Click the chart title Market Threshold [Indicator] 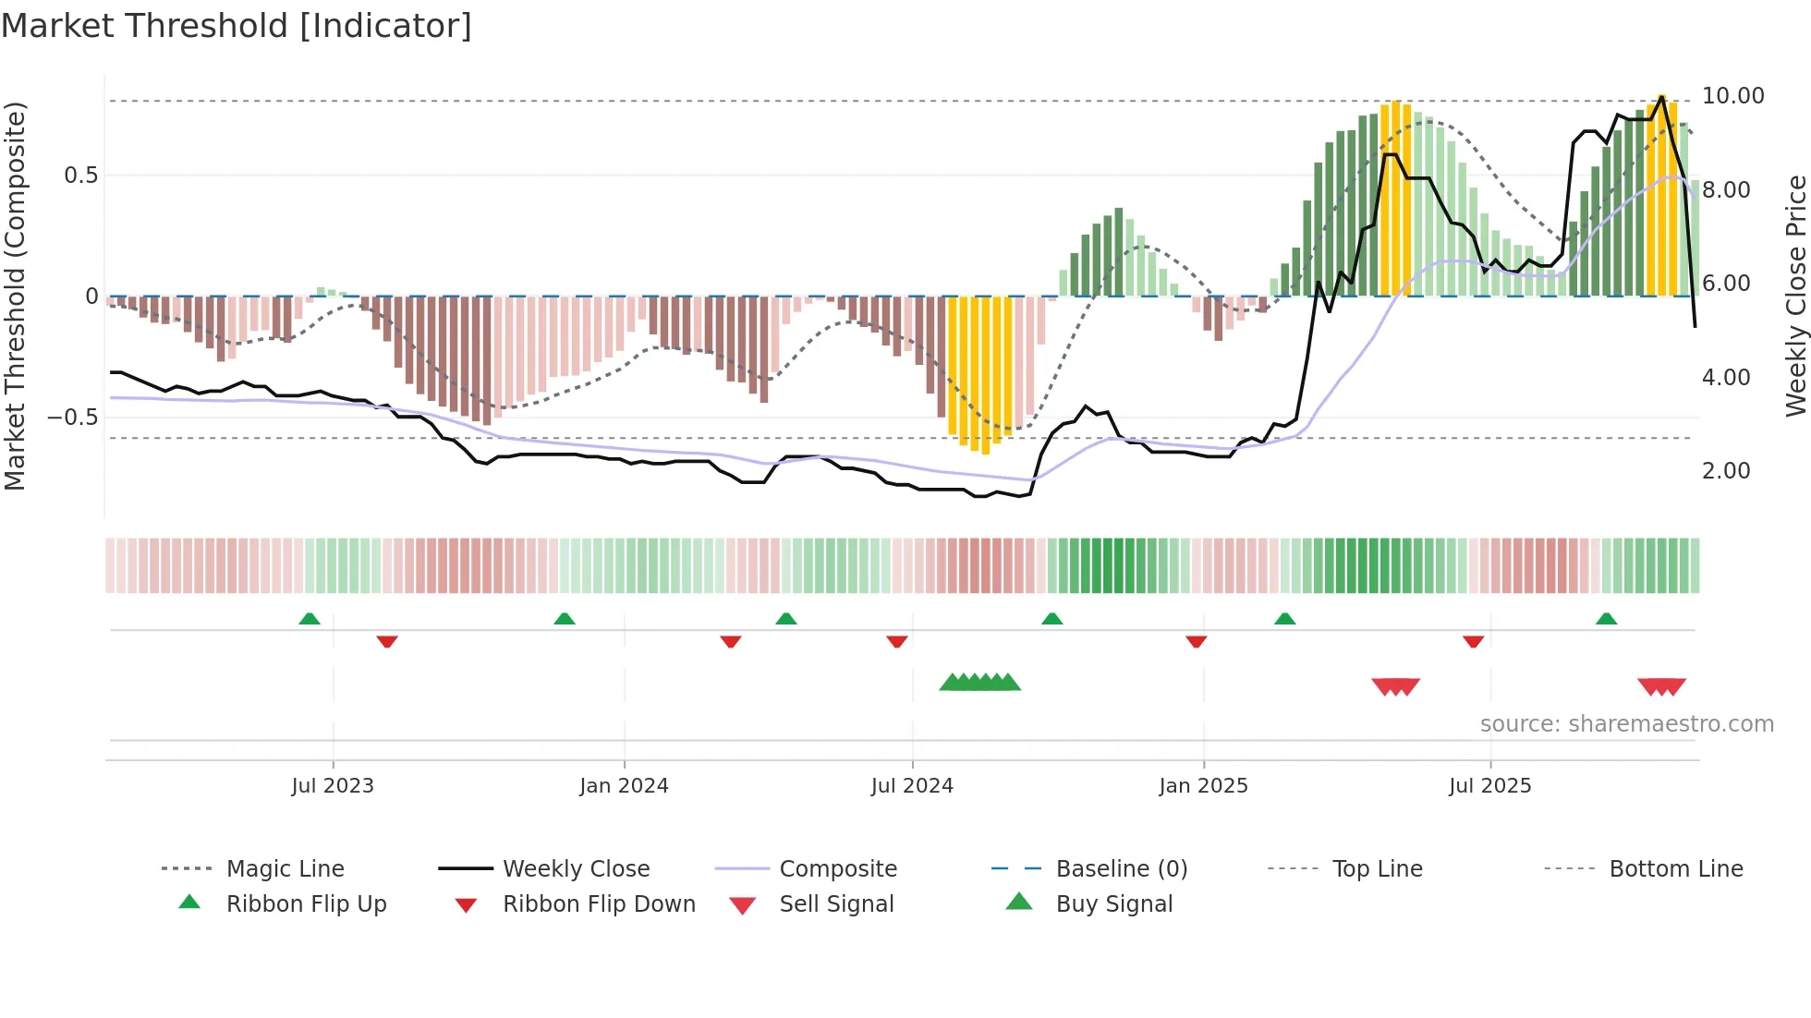click(x=237, y=26)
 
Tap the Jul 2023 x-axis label click(x=333, y=786)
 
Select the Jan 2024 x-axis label click(x=624, y=786)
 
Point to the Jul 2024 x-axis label click(x=912, y=786)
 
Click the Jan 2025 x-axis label click(x=1203, y=786)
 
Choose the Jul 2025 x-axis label click(x=1489, y=786)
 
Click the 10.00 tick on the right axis click(x=1732, y=96)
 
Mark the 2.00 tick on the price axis click(x=1726, y=471)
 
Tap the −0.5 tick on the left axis click(x=73, y=418)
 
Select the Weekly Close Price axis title click(x=1795, y=296)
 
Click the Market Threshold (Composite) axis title click(x=15, y=296)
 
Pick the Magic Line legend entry click(x=285, y=869)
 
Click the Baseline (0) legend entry click(x=1121, y=869)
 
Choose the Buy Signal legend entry click(x=1113, y=904)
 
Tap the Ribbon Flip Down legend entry click(x=598, y=904)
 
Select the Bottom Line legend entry click(x=1675, y=869)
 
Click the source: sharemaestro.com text click(x=1626, y=724)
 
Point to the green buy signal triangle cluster click(x=979, y=683)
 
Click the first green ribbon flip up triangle click(x=310, y=619)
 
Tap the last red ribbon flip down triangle click(x=1474, y=641)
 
